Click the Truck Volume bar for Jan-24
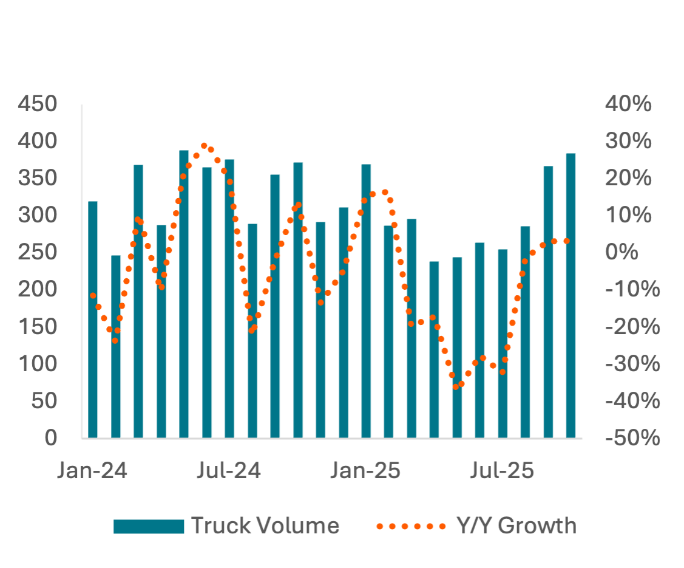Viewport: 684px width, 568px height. pyautogui.click(x=93, y=319)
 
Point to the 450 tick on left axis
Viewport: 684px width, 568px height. pyautogui.click(x=38, y=104)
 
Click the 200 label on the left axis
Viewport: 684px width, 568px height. pyautogui.click(x=38, y=289)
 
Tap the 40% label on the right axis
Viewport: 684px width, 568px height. pyautogui.click(x=628, y=104)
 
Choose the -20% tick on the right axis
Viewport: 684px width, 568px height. pyautogui.click(x=631, y=327)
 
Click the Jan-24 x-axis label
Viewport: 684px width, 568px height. pyautogui.click(x=93, y=471)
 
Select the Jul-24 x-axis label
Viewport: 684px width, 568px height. pyautogui.click(x=229, y=471)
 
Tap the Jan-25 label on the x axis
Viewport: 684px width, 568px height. pyautogui.click(x=366, y=471)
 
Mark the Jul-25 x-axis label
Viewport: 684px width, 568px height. pyautogui.click(x=503, y=471)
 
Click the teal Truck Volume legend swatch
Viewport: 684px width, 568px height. pyautogui.click(x=149, y=526)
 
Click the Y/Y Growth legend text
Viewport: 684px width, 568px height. pyautogui.click(x=516, y=525)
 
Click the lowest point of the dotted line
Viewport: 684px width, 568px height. pyautogui.click(x=456, y=386)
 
